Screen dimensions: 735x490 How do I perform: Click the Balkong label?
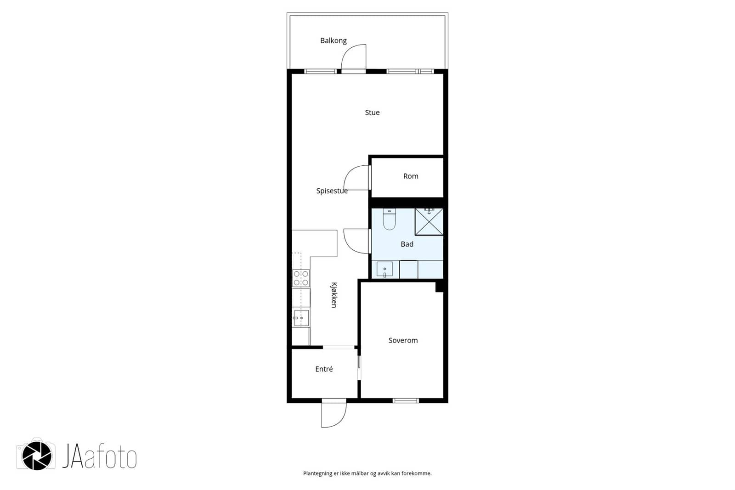pos(334,41)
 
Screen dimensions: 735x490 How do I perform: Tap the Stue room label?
pos(372,113)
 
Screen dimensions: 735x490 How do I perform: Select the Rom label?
pos(411,176)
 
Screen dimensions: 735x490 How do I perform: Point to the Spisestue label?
pos(332,191)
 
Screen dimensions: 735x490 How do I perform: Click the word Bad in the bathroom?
pos(407,244)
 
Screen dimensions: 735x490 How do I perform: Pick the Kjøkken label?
pos(334,295)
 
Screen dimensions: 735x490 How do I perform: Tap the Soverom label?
pos(403,340)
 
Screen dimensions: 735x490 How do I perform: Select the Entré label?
pos(324,369)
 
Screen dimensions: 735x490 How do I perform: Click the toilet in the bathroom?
pos(389,219)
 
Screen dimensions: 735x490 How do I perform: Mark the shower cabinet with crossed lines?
pos(429,222)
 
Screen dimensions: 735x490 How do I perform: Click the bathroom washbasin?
pos(384,269)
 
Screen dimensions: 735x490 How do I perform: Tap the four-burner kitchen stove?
pos(301,278)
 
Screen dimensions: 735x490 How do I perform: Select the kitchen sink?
pos(301,318)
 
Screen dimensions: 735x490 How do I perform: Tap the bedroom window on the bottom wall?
pos(406,400)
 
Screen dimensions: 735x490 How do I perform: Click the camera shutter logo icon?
pos(36,456)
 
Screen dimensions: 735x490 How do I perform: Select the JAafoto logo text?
pos(99,456)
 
